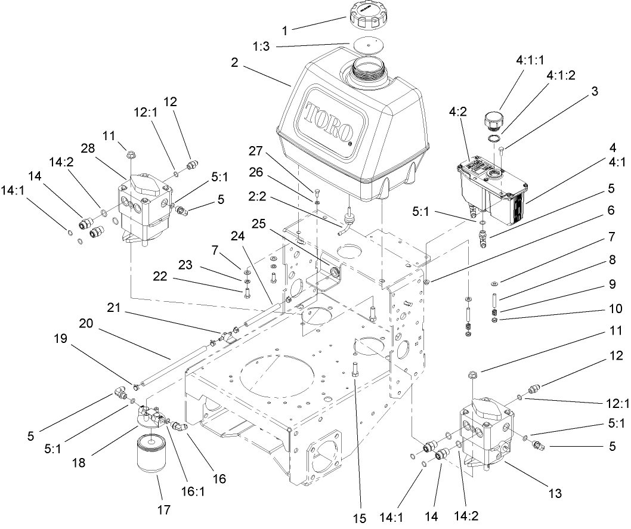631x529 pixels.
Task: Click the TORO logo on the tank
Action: click(326, 120)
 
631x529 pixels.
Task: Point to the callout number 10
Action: click(614, 309)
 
